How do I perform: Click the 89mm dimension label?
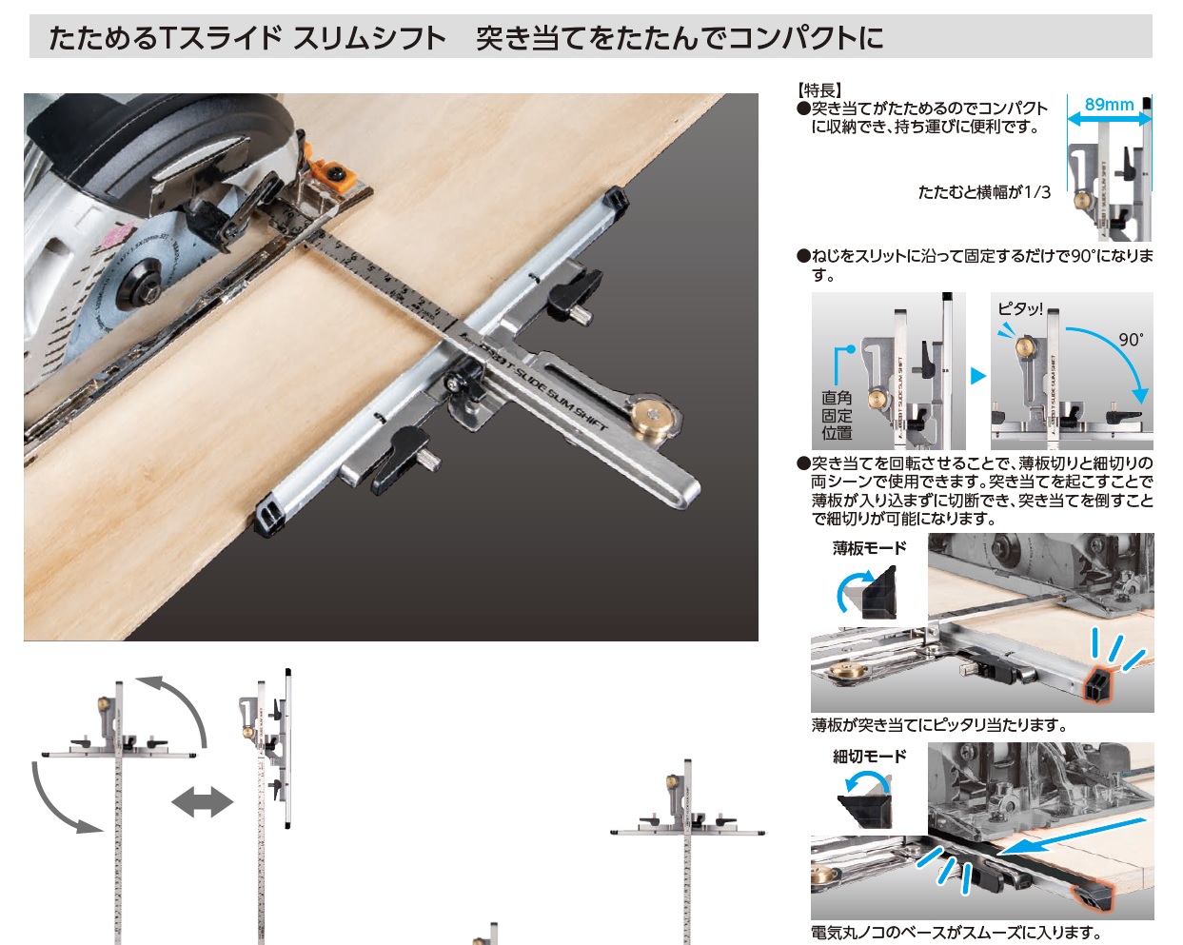pos(1109,105)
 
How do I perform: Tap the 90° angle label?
pos(1131,340)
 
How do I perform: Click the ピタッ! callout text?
pos(1019,308)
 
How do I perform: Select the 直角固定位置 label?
pos(837,415)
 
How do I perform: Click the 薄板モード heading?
pos(869,548)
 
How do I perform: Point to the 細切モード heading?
pos(869,757)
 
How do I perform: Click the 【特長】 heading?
pos(819,89)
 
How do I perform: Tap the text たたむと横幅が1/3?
pos(984,192)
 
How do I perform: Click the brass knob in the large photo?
pos(653,415)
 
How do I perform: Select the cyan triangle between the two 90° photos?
pos(978,377)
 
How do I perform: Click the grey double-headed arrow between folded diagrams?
pos(203,802)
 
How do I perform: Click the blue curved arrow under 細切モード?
pos(866,781)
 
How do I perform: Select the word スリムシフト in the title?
pos(369,38)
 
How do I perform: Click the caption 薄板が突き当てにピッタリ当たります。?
pos(939,725)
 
